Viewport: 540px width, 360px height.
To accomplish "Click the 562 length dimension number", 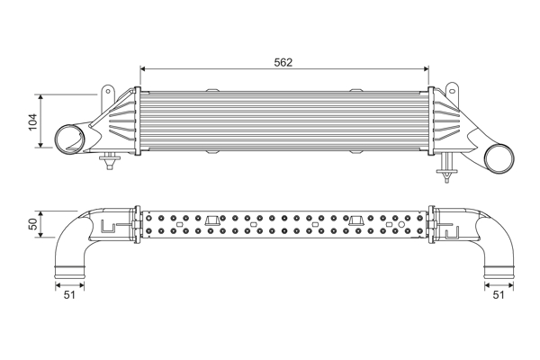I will pyautogui.click(x=283, y=62).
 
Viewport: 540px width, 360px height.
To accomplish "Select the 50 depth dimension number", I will pyautogui.click(x=33, y=224).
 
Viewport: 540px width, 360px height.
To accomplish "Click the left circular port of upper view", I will pyautogui.click(x=67, y=140).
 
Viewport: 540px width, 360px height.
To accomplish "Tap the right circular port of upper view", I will pyautogui.click(x=497, y=159).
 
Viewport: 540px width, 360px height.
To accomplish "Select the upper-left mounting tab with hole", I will pyautogui.click(x=109, y=93).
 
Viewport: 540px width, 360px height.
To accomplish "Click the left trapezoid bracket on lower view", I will pyautogui.click(x=213, y=220).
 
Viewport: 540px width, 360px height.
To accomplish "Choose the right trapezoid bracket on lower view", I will pyautogui.click(x=356, y=220).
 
